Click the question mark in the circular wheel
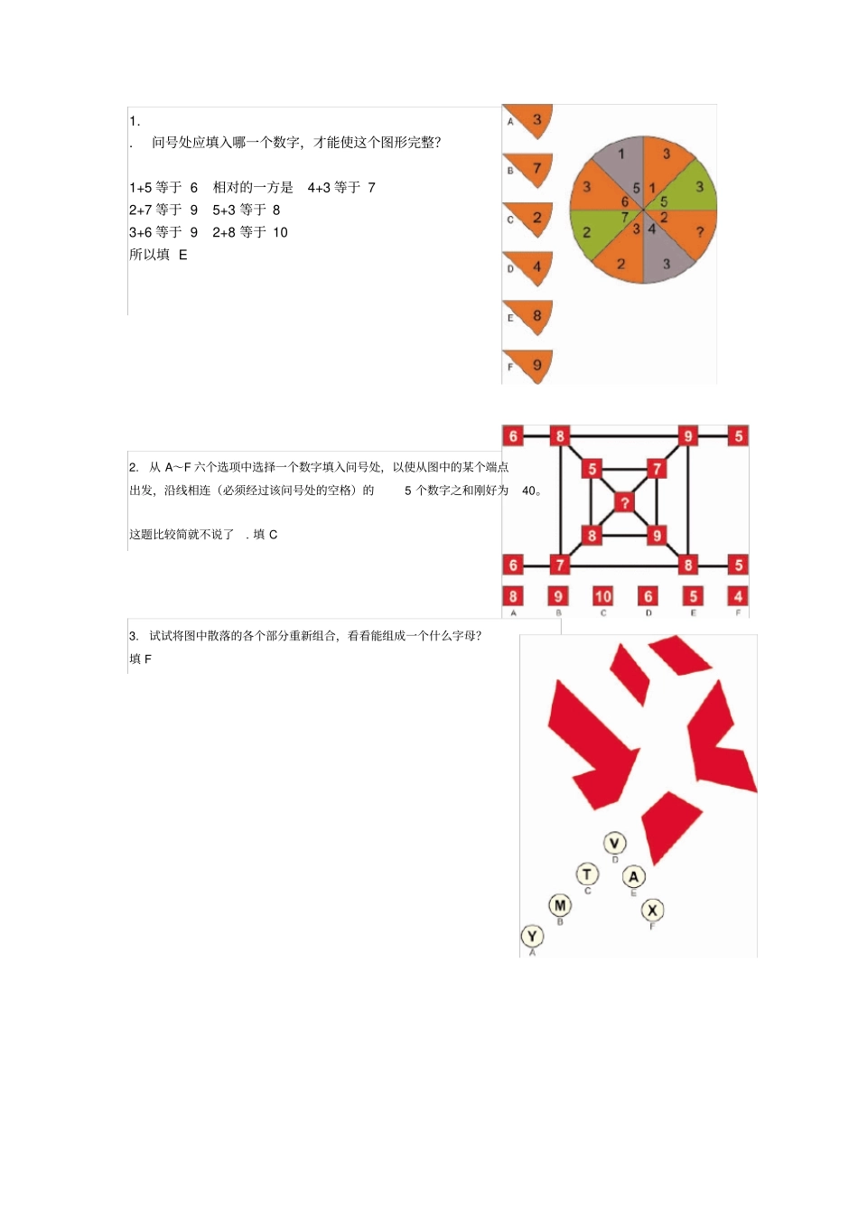tap(699, 233)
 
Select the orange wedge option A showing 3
tap(530, 120)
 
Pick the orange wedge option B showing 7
tap(530, 169)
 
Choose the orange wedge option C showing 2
tap(530, 219)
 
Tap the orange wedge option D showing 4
tap(530, 267)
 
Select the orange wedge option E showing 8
tap(530, 317)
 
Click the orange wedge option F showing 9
tap(530, 366)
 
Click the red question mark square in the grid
tap(624, 502)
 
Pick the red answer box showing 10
tap(602, 596)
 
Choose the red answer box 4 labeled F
tap(738, 596)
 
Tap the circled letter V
tap(614, 844)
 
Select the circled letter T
tap(588, 874)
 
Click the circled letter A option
tap(634, 876)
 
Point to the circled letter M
tap(560, 905)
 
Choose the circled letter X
tap(652, 910)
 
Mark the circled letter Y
tap(532, 937)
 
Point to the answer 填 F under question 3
tap(141, 659)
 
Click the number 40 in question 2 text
tap(529, 491)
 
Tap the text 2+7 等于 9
tap(163, 210)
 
